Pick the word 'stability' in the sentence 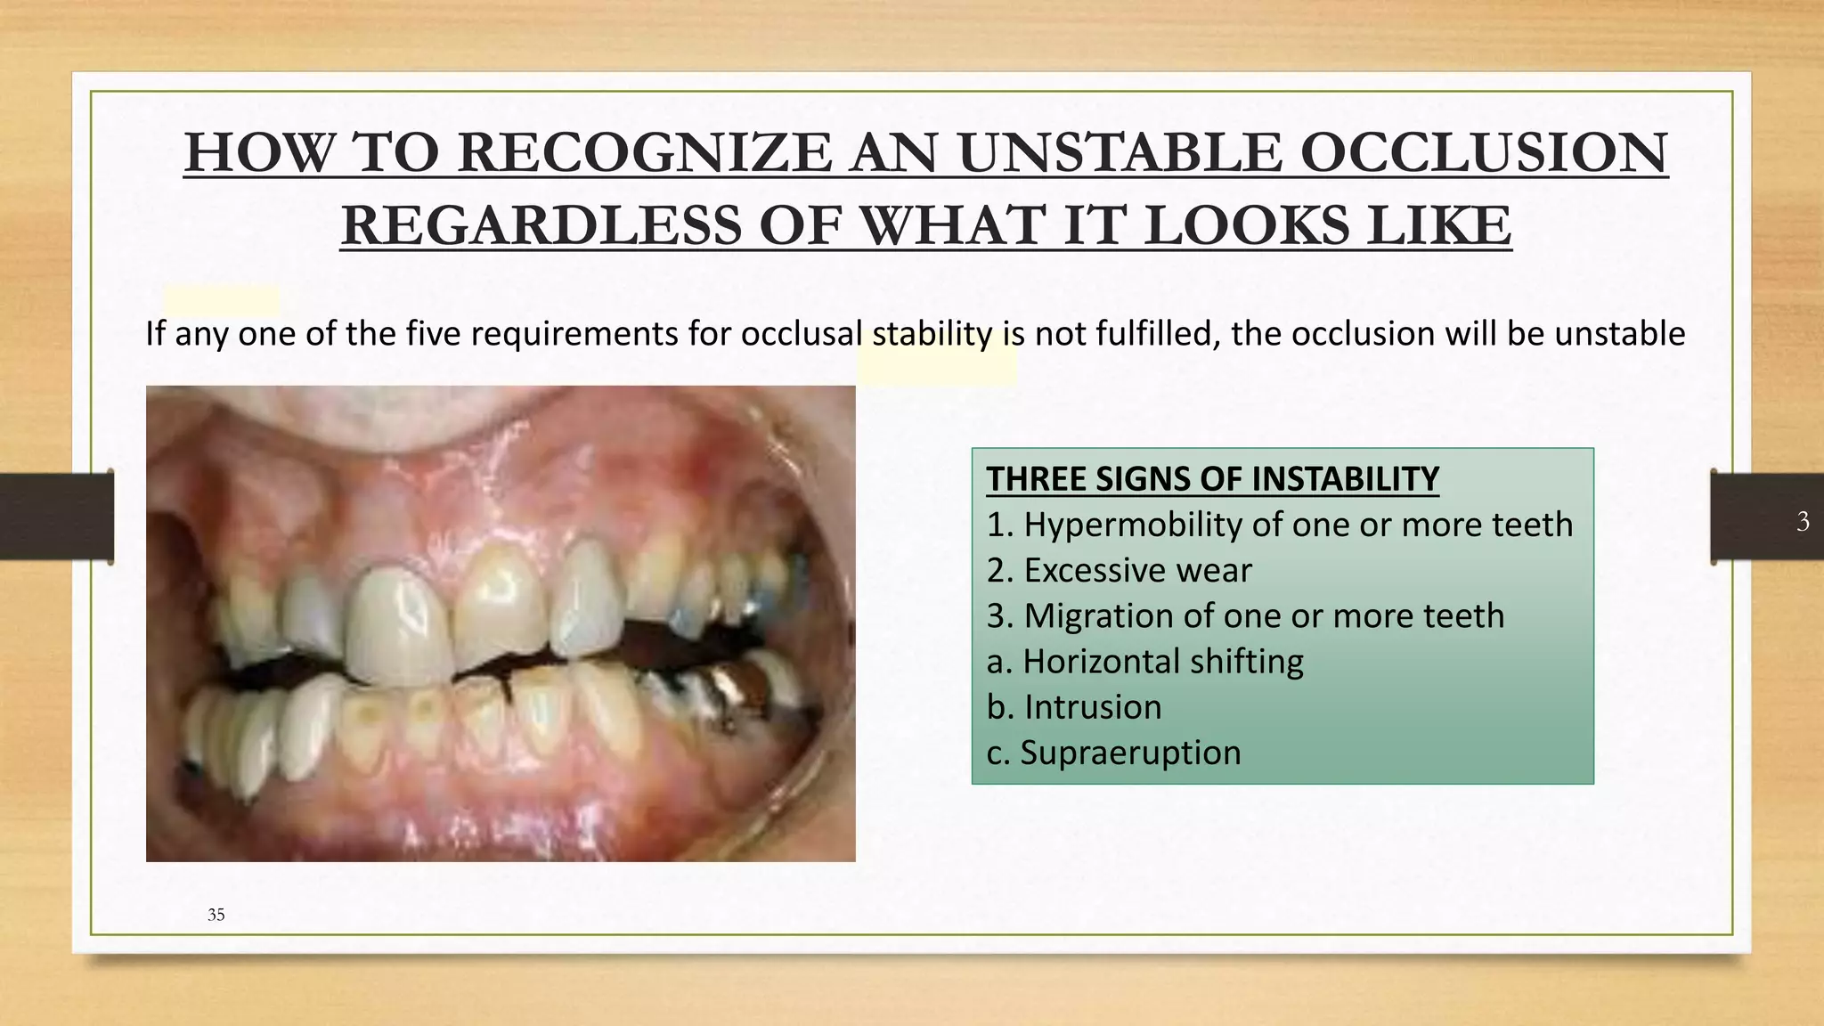tap(932, 334)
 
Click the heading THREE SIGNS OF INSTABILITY tap(1212, 479)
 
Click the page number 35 tap(216, 915)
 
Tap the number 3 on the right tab tap(1803, 521)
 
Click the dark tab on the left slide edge tap(56, 517)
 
